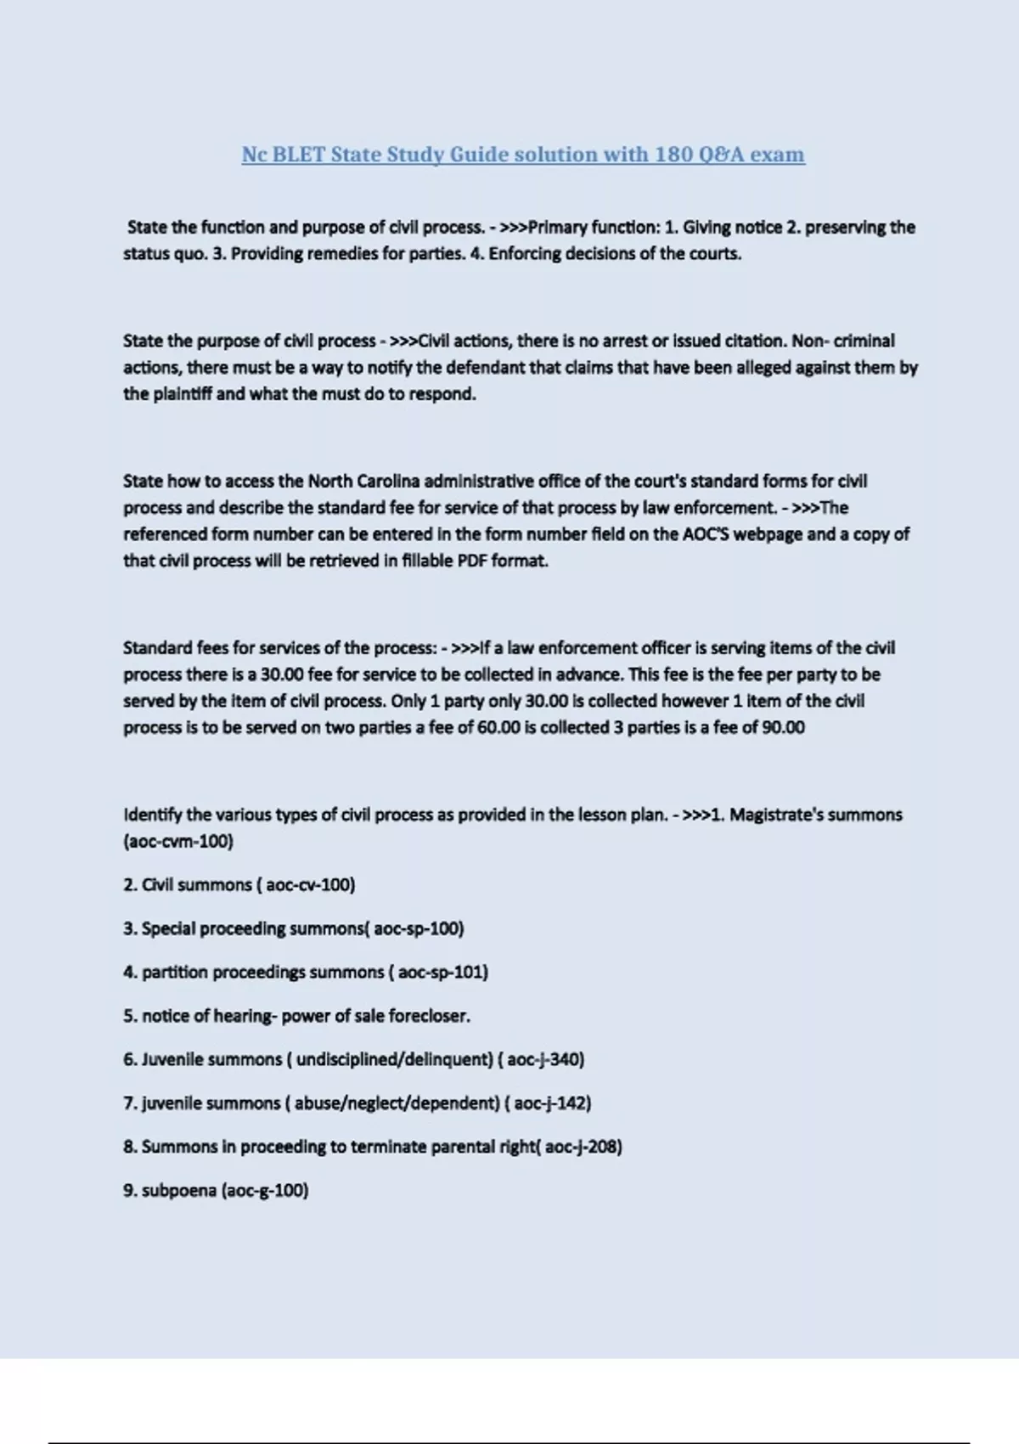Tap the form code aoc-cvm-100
pyautogui.click(x=178, y=841)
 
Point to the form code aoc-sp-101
pyautogui.click(x=441, y=972)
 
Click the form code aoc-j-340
pyautogui.click(x=543, y=1059)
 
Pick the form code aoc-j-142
pyautogui.click(x=550, y=1103)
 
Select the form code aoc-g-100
pyautogui.click(x=265, y=1190)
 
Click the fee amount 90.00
pyautogui.click(x=783, y=727)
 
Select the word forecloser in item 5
pyautogui.click(x=428, y=1016)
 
